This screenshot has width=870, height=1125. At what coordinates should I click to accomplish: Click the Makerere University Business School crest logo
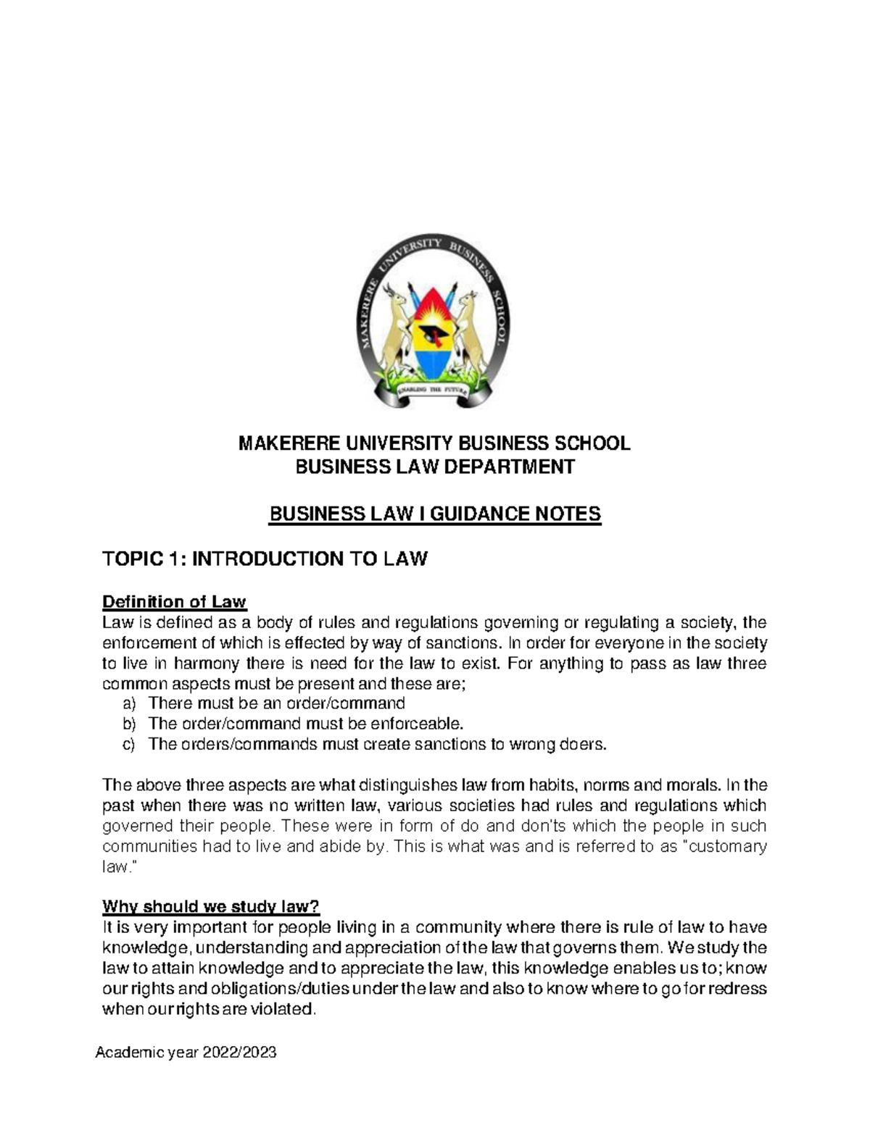click(x=434, y=322)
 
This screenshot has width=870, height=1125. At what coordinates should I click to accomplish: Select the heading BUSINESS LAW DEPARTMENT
click(x=434, y=467)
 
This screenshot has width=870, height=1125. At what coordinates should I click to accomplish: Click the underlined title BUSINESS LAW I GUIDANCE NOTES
click(x=434, y=514)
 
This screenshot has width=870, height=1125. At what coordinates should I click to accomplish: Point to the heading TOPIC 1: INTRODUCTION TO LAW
click(x=265, y=559)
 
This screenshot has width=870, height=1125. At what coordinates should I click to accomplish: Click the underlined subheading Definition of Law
click(x=174, y=602)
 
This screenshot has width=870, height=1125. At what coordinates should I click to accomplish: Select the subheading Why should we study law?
click(x=210, y=907)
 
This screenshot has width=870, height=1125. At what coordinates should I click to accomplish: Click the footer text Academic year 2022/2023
click(x=186, y=1053)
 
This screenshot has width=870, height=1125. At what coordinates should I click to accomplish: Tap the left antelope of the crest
click(x=396, y=326)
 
